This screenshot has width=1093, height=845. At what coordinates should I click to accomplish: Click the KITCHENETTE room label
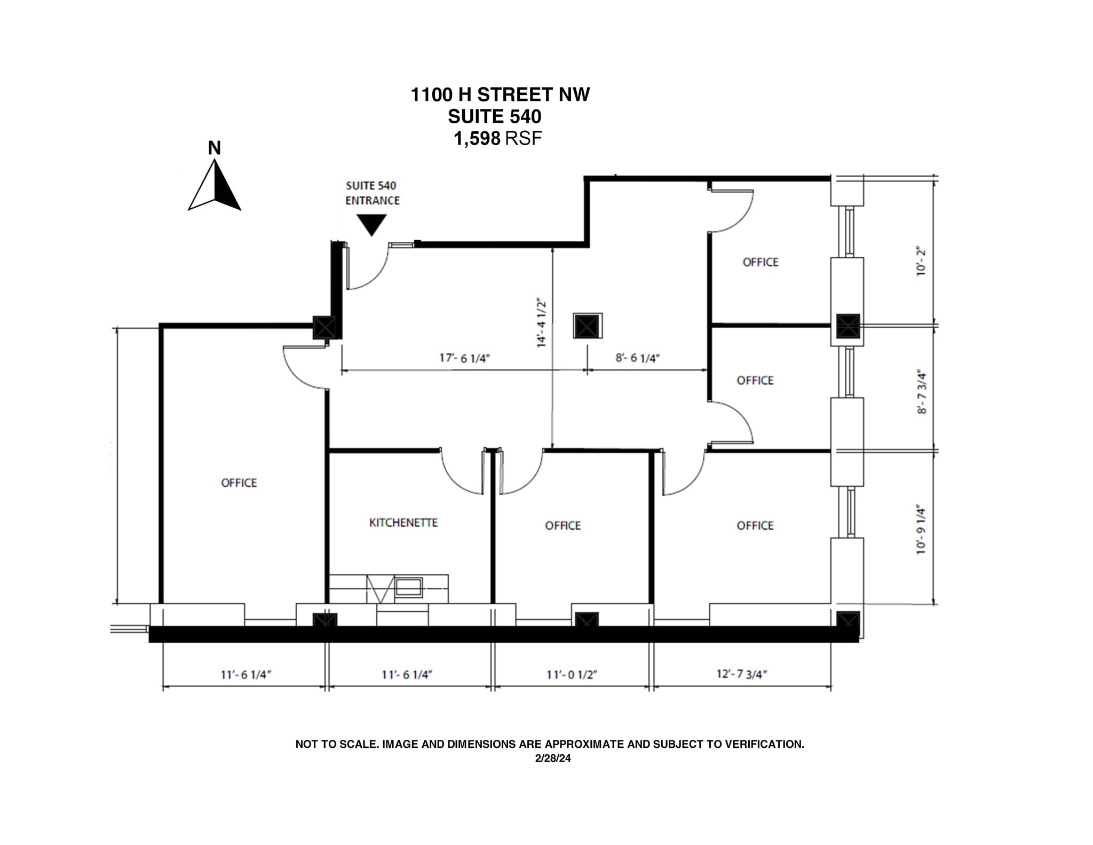pyautogui.click(x=403, y=523)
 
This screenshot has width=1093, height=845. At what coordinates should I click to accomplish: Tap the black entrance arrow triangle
pyautogui.click(x=371, y=224)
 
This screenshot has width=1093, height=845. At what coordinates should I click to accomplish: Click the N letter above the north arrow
pyautogui.click(x=214, y=148)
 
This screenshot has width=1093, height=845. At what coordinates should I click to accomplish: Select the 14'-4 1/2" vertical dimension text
pyautogui.click(x=542, y=322)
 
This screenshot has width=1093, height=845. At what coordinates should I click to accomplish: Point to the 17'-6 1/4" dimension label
pyautogui.click(x=464, y=358)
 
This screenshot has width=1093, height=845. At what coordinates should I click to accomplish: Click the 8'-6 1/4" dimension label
pyautogui.click(x=638, y=358)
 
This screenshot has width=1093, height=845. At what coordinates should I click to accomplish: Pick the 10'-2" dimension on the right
pyautogui.click(x=921, y=260)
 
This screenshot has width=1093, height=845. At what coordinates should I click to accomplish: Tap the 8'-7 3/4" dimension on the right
pyautogui.click(x=922, y=392)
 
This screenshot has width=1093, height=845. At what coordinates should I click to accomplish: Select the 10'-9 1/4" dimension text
pyautogui.click(x=921, y=529)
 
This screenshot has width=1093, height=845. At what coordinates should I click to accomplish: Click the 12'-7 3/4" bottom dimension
pyautogui.click(x=741, y=674)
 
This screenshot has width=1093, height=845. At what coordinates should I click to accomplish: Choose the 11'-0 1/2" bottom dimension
pyautogui.click(x=571, y=674)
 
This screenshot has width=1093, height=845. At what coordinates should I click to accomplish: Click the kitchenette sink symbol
pyautogui.click(x=409, y=587)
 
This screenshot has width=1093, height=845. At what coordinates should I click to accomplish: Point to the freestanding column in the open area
pyautogui.click(x=588, y=326)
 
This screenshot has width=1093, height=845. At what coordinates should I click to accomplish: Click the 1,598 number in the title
pyautogui.click(x=477, y=139)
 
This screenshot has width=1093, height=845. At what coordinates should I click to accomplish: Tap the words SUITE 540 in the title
pyautogui.click(x=494, y=116)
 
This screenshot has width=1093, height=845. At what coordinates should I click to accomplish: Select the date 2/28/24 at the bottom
pyautogui.click(x=553, y=758)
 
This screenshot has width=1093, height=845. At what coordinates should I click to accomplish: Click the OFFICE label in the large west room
pyautogui.click(x=239, y=483)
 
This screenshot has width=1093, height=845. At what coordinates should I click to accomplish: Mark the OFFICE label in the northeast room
pyautogui.click(x=761, y=262)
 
